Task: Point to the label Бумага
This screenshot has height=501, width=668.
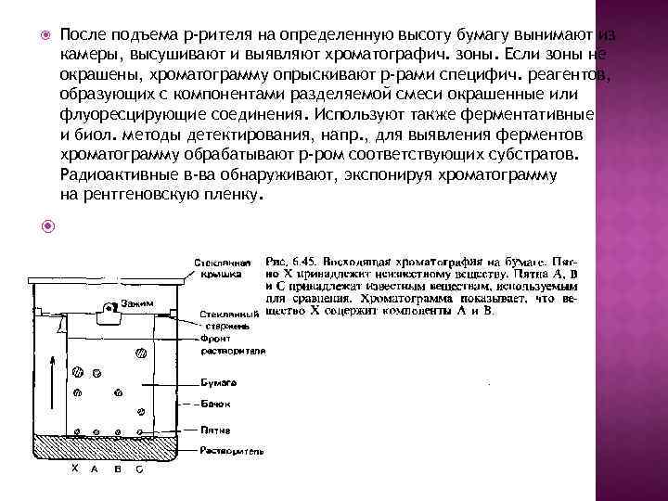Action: click(x=219, y=381)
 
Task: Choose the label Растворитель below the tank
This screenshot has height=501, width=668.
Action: click(x=232, y=451)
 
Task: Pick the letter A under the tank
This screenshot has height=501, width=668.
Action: click(x=95, y=469)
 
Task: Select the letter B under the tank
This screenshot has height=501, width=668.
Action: click(x=118, y=469)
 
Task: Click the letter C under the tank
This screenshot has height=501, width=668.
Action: click(x=139, y=469)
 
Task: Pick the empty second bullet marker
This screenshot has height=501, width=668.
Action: click(x=41, y=224)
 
